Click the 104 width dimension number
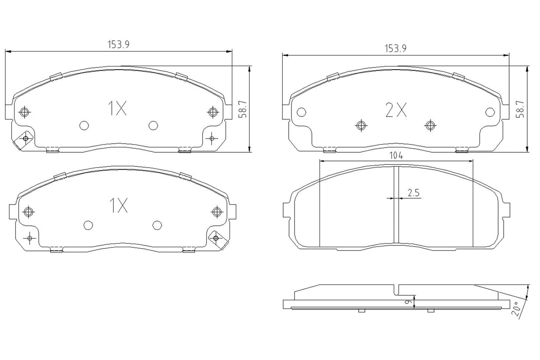pos(396,156)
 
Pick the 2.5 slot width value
pos(414,193)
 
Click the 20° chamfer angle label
pos(517,309)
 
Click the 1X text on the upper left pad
pos(118,109)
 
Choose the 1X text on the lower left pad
pos(118,206)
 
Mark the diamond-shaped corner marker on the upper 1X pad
pos(25,139)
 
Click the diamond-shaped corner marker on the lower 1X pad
pos(216,238)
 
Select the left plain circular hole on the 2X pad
pos(301,112)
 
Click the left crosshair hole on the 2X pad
pos(361,126)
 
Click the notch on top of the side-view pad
pos(396,289)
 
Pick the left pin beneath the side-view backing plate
pos(361,311)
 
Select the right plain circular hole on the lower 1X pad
pos(157,225)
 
